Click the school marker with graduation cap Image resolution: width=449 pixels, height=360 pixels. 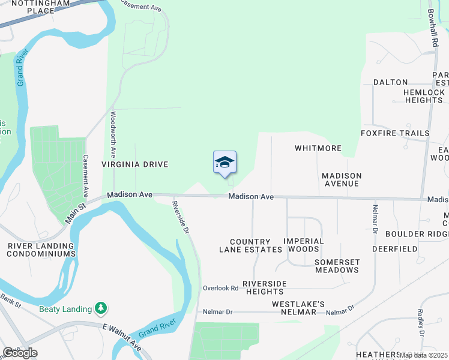pyautogui.click(x=224, y=163)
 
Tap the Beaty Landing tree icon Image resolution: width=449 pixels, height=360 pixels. pyautogui.click(x=101, y=308)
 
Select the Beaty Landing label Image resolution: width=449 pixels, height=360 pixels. pyautogui.click(x=65, y=309)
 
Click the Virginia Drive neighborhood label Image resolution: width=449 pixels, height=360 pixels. pyautogui.click(x=134, y=164)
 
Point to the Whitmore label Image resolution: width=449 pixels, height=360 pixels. pyautogui.click(x=318, y=148)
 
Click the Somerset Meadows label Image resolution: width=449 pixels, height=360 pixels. pyautogui.click(x=337, y=266)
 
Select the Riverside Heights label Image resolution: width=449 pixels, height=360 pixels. pyautogui.click(x=264, y=287)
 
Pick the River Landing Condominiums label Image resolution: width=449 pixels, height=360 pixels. pyautogui.click(x=41, y=250)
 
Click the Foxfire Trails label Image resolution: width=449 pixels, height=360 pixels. pyautogui.click(x=395, y=133)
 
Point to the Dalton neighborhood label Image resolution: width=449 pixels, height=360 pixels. pyautogui.click(x=390, y=82)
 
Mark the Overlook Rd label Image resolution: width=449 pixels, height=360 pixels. pyautogui.click(x=220, y=288)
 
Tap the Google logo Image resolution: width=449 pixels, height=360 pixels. pyautogui.click(x=20, y=353)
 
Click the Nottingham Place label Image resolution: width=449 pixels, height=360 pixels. pyautogui.click(x=33, y=7)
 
